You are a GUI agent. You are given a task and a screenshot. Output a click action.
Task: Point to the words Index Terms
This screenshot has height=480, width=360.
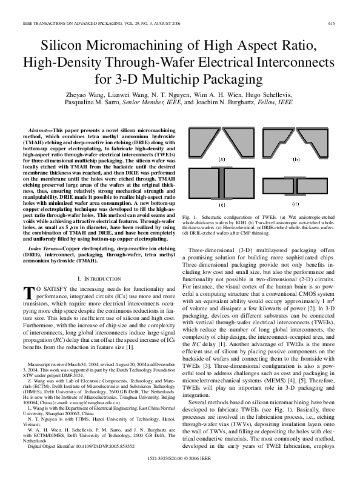(45, 248)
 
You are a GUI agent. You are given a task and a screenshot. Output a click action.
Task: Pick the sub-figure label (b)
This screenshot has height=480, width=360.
(296, 160)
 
